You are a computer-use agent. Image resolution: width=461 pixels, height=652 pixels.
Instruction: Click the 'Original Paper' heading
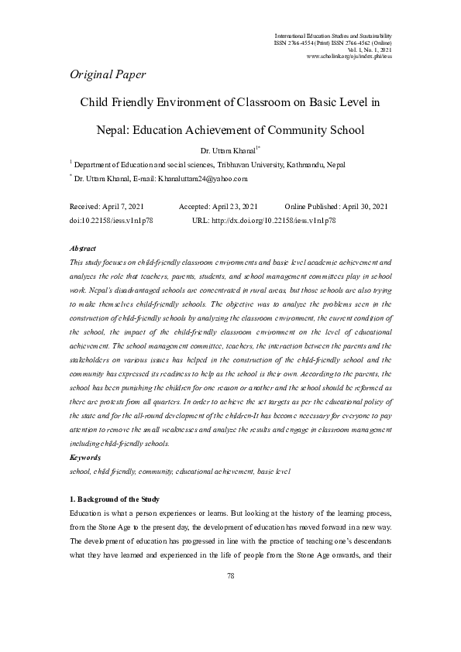coord(108,74)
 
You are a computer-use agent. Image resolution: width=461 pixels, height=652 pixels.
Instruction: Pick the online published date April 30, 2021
coord(363,208)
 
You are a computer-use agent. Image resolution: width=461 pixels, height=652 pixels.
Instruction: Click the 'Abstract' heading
coord(82,249)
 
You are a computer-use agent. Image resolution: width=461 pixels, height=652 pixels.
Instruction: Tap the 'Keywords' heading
coord(84,458)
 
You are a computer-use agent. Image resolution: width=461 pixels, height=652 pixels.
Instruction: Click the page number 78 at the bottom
coord(230,575)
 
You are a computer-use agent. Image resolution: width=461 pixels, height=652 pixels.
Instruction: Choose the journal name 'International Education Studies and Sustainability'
coord(333,36)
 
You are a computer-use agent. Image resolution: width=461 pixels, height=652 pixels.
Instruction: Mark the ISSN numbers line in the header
coord(333,43)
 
